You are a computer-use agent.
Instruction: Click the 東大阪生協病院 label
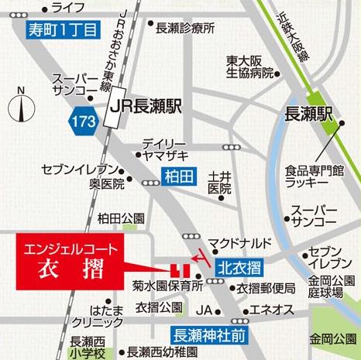point(250,67)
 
